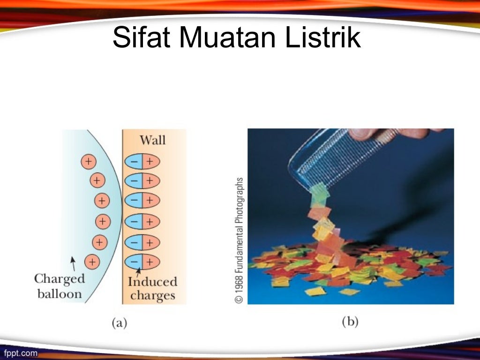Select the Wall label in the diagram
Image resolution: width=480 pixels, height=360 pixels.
(152, 140)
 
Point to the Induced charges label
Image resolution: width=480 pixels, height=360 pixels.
(152, 289)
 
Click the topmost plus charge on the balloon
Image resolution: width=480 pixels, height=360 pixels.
(88, 161)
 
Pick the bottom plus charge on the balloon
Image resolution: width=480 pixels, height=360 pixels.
(92, 261)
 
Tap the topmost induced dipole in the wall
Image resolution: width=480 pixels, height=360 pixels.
(142, 162)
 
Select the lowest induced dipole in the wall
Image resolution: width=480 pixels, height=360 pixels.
(142, 262)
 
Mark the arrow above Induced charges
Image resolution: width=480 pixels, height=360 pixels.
(139, 271)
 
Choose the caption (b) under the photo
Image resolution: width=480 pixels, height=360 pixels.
(350, 322)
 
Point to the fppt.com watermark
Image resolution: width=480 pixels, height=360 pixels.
(20, 353)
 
